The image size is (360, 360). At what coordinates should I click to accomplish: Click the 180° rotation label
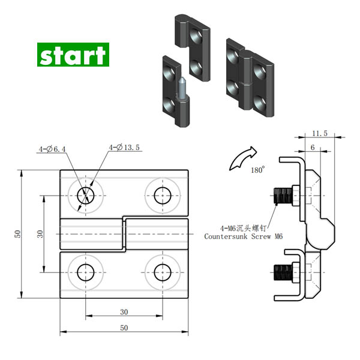[257, 170]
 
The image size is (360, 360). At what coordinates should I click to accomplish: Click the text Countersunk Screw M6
[243, 236]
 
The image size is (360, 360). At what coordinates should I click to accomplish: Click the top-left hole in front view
[86, 195]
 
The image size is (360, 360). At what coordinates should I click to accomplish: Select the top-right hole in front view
[162, 195]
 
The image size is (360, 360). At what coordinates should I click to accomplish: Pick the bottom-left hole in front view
[86, 272]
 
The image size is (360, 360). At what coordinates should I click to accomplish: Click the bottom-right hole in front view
[162, 272]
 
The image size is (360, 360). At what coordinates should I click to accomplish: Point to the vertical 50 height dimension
[18, 234]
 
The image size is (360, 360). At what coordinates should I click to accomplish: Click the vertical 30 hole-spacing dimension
[40, 233]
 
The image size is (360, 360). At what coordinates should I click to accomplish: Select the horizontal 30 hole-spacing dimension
[124, 311]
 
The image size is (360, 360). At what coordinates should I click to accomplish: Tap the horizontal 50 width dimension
[124, 328]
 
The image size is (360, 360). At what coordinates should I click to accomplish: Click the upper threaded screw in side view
[283, 195]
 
